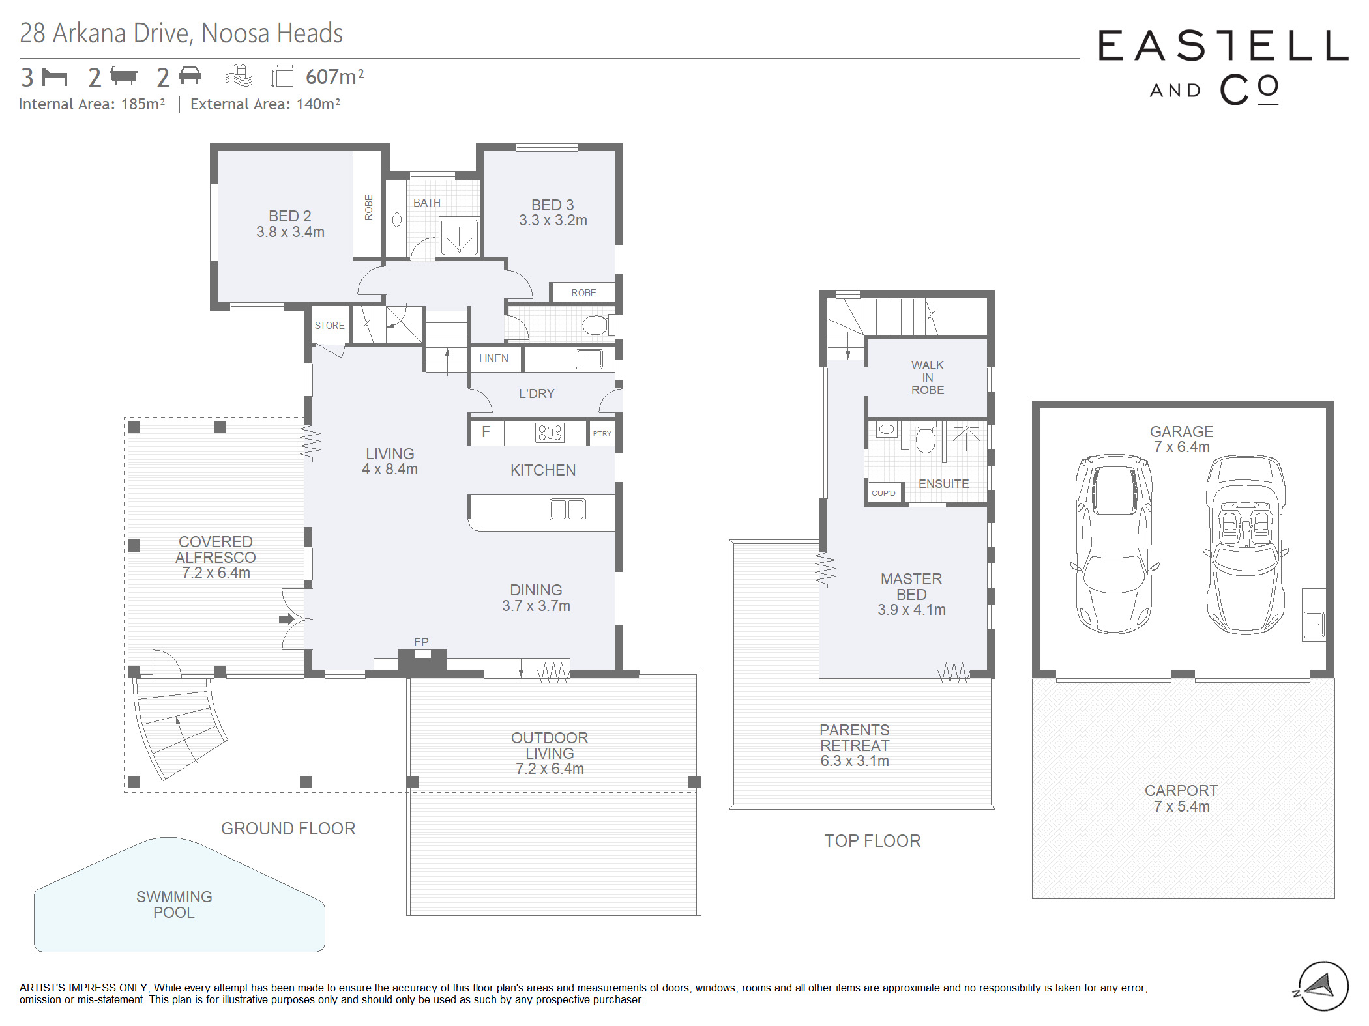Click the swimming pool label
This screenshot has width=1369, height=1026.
pyautogui.click(x=174, y=904)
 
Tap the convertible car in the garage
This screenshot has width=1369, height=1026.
pyautogui.click(x=1245, y=545)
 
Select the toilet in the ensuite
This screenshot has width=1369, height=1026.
pyautogui.click(x=925, y=437)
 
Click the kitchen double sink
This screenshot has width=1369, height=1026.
pyautogui.click(x=567, y=509)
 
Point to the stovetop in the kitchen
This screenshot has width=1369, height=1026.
pyautogui.click(x=550, y=433)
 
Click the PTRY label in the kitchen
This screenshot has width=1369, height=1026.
pyautogui.click(x=602, y=433)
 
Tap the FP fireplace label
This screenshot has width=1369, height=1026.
pyautogui.click(x=421, y=642)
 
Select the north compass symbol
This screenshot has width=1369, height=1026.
pyautogui.click(x=1321, y=986)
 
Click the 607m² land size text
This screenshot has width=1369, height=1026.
pyautogui.click(x=334, y=77)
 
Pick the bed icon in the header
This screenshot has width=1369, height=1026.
pyautogui.click(x=55, y=77)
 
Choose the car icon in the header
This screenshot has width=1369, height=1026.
pyautogui.click(x=190, y=76)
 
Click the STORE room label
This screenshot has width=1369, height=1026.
pyautogui.click(x=329, y=326)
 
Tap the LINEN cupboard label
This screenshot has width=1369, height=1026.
pyautogui.click(x=493, y=358)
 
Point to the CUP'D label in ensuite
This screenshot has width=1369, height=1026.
pyautogui.click(x=883, y=493)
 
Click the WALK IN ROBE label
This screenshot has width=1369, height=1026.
pyautogui.click(x=928, y=378)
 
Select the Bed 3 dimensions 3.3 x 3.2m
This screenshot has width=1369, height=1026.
pyautogui.click(x=553, y=221)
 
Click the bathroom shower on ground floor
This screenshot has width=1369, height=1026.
pyautogui.click(x=459, y=237)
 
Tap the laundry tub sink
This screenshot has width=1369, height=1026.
pyautogui.click(x=589, y=359)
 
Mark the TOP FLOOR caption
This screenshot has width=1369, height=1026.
pyautogui.click(x=872, y=841)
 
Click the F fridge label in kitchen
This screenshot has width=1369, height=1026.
pyautogui.click(x=486, y=432)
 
